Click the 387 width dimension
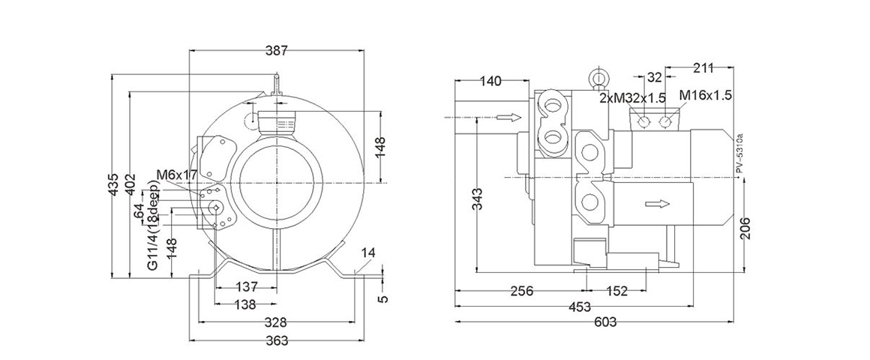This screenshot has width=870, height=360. coord(277,50)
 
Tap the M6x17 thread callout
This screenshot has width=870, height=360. coord(177,175)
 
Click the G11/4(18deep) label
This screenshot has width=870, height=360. coord(151,232)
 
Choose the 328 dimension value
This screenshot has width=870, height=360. coord(276,322)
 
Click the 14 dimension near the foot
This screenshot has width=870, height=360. coord(367,253)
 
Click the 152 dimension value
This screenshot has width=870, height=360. coord(616,291)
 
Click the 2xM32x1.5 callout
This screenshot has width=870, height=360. coord(632,97)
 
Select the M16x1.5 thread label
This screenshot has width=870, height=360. coord(705,95)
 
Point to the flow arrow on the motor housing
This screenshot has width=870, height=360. coord(655,203)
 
